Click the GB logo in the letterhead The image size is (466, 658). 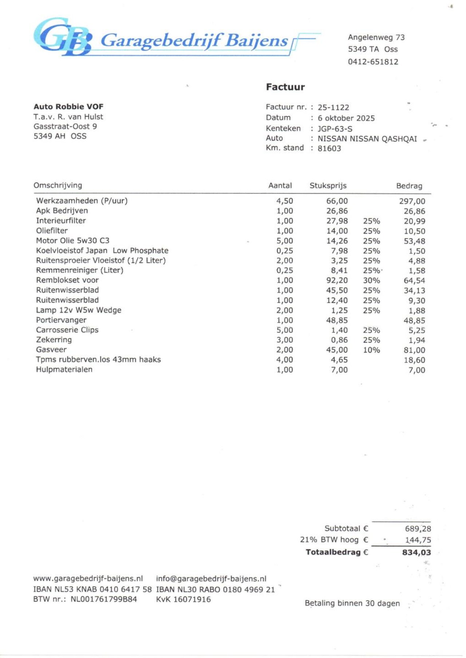(x=62, y=37)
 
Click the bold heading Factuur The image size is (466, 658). (x=285, y=87)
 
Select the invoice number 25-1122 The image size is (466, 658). (x=333, y=107)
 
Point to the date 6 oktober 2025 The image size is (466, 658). (x=346, y=118)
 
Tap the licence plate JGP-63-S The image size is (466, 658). (x=335, y=129)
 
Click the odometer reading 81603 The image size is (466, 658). (x=329, y=148)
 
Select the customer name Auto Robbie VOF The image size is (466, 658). (x=68, y=107)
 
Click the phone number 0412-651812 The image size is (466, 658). (x=373, y=62)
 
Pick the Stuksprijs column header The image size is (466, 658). (x=328, y=186)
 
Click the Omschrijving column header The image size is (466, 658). (x=58, y=186)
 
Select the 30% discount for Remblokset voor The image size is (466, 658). (x=371, y=280)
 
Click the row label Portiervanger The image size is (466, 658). (x=61, y=320)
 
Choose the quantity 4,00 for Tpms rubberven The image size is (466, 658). (x=284, y=360)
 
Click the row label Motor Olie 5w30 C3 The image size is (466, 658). (x=72, y=240)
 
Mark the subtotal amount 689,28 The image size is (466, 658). (x=418, y=529)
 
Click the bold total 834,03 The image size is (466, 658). (x=416, y=553)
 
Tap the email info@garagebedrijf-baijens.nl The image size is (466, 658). (x=211, y=579)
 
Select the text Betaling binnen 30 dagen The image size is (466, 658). (x=352, y=603)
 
